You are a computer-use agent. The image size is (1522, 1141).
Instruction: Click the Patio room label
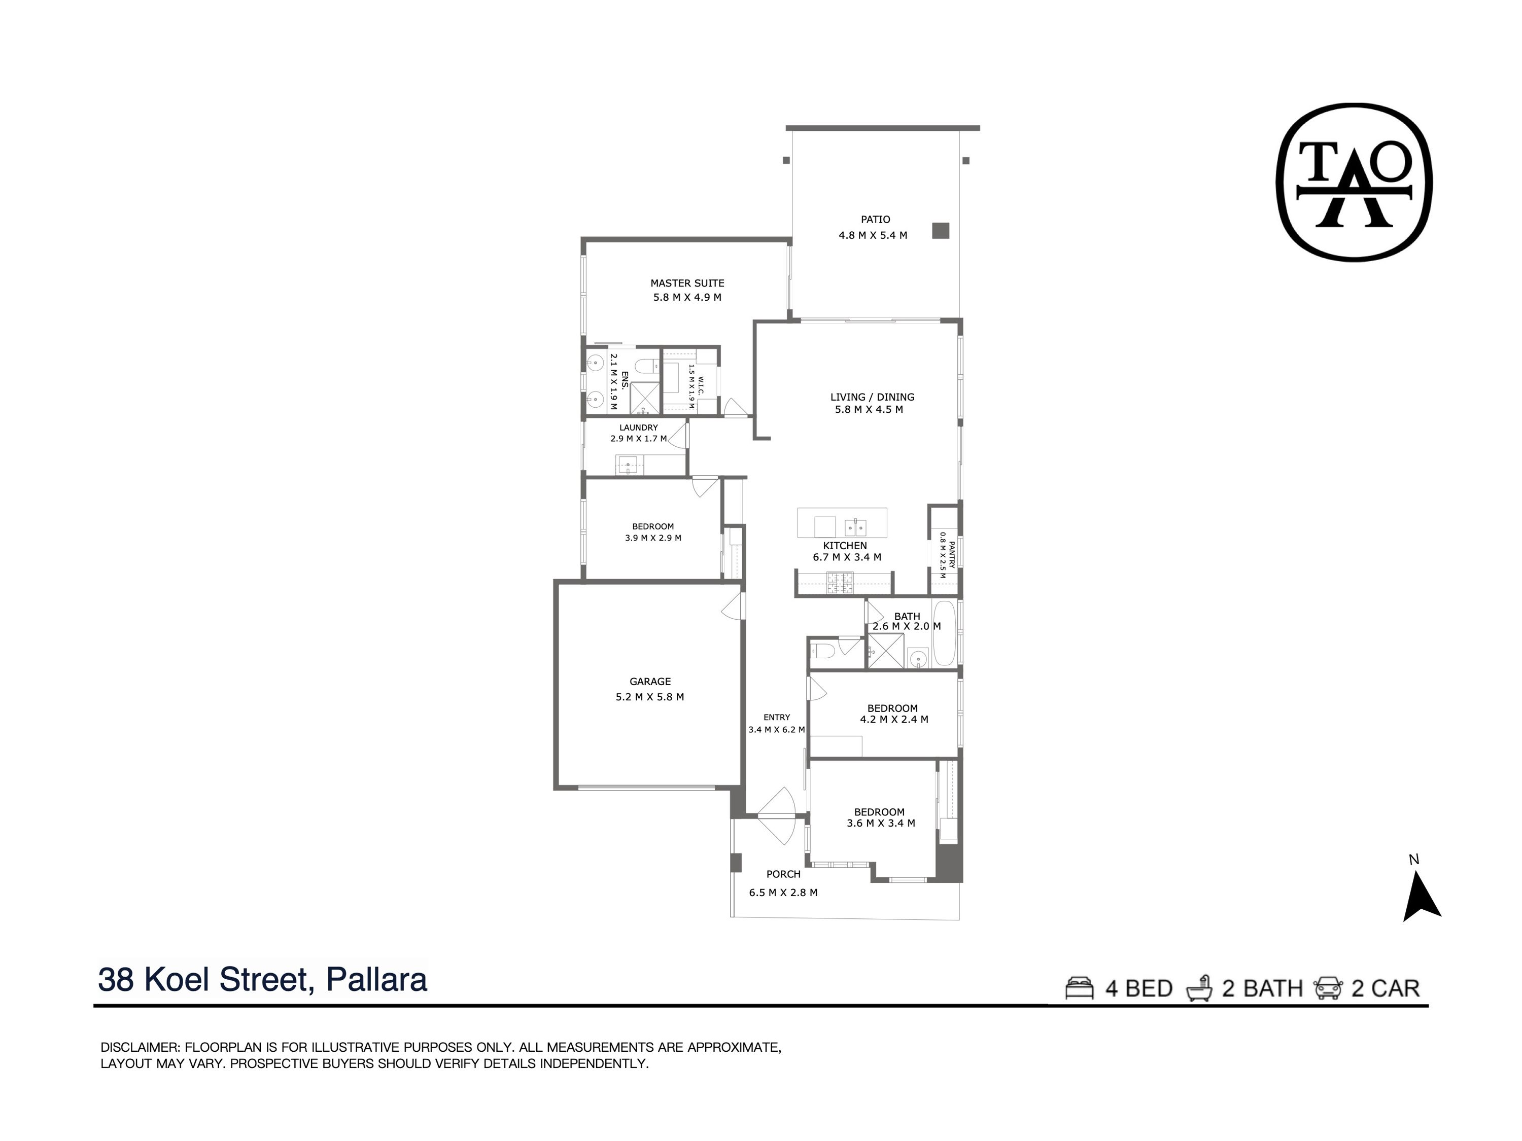(x=875, y=220)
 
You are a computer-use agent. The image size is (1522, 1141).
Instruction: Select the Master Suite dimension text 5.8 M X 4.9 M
(x=687, y=297)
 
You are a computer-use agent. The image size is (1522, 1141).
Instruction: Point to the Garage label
(x=649, y=682)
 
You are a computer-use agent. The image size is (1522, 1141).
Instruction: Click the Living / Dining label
(x=872, y=397)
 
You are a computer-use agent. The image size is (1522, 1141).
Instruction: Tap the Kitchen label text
(x=844, y=545)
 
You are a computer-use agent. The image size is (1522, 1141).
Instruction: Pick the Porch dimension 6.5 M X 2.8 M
(x=783, y=893)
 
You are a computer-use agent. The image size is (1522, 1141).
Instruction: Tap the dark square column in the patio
(x=941, y=230)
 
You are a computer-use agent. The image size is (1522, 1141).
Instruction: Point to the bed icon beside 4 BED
(x=1079, y=988)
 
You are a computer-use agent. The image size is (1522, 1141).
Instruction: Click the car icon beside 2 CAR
(x=1327, y=988)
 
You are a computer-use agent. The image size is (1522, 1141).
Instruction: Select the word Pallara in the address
(x=376, y=979)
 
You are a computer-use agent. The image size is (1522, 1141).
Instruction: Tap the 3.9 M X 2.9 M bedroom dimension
(x=653, y=538)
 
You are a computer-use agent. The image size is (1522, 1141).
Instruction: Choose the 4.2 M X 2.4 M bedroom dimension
(x=894, y=720)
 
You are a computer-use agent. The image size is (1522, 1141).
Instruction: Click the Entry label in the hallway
(x=776, y=718)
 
